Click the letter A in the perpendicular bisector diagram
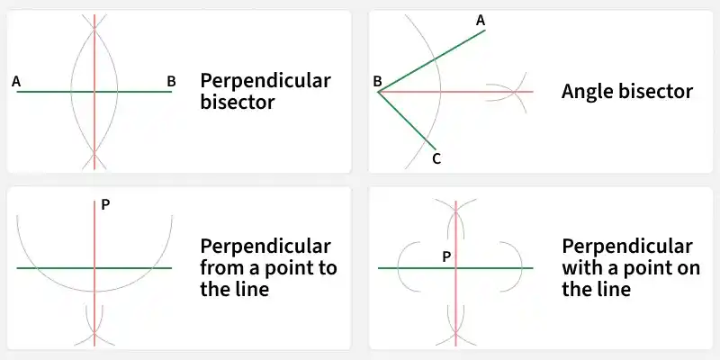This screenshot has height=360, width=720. click(x=16, y=82)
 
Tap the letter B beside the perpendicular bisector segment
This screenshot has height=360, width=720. click(x=171, y=82)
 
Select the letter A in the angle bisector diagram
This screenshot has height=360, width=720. click(x=481, y=20)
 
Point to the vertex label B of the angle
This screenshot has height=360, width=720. click(x=377, y=82)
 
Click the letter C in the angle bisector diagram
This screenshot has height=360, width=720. click(x=436, y=159)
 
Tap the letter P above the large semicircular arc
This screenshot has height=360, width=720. click(x=105, y=205)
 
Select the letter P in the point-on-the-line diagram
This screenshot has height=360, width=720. click(x=446, y=257)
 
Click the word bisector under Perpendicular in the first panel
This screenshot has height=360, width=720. click(x=238, y=102)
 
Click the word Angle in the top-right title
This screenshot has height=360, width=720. click(x=587, y=93)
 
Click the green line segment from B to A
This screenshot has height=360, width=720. click(x=431, y=61)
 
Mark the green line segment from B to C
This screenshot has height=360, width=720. click(x=407, y=121)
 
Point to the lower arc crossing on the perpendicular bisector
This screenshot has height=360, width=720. click(x=94, y=153)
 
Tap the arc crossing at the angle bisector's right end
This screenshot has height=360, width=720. click(x=516, y=92)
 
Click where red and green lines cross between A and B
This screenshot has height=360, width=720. click(x=94, y=92)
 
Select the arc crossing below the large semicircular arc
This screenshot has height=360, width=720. click(x=94, y=331)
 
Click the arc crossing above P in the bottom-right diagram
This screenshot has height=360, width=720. click(x=455, y=211)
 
